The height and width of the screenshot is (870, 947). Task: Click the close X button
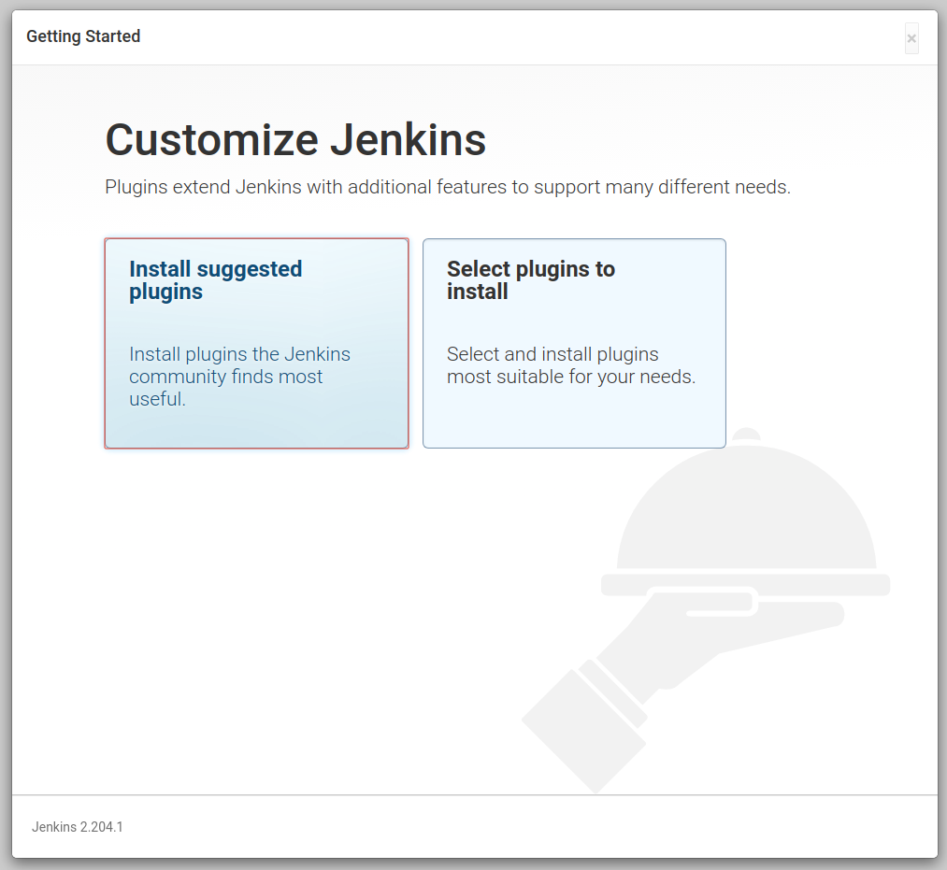tap(911, 38)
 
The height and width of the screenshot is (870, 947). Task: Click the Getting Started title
tap(83, 36)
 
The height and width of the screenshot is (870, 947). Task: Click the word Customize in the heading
tap(212, 140)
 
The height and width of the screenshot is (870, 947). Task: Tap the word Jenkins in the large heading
tap(408, 140)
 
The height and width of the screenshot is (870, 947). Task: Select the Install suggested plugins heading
tap(216, 280)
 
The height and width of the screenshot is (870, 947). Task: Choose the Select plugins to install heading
tap(531, 280)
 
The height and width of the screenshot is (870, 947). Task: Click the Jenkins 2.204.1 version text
tap(78, 827)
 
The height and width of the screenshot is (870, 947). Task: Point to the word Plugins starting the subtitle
tap(136, 188)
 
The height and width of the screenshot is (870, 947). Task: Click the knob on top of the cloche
tap(746, 435)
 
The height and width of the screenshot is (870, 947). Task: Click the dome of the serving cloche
tap(747, 507)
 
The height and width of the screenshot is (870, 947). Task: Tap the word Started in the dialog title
tap(113, 36)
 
